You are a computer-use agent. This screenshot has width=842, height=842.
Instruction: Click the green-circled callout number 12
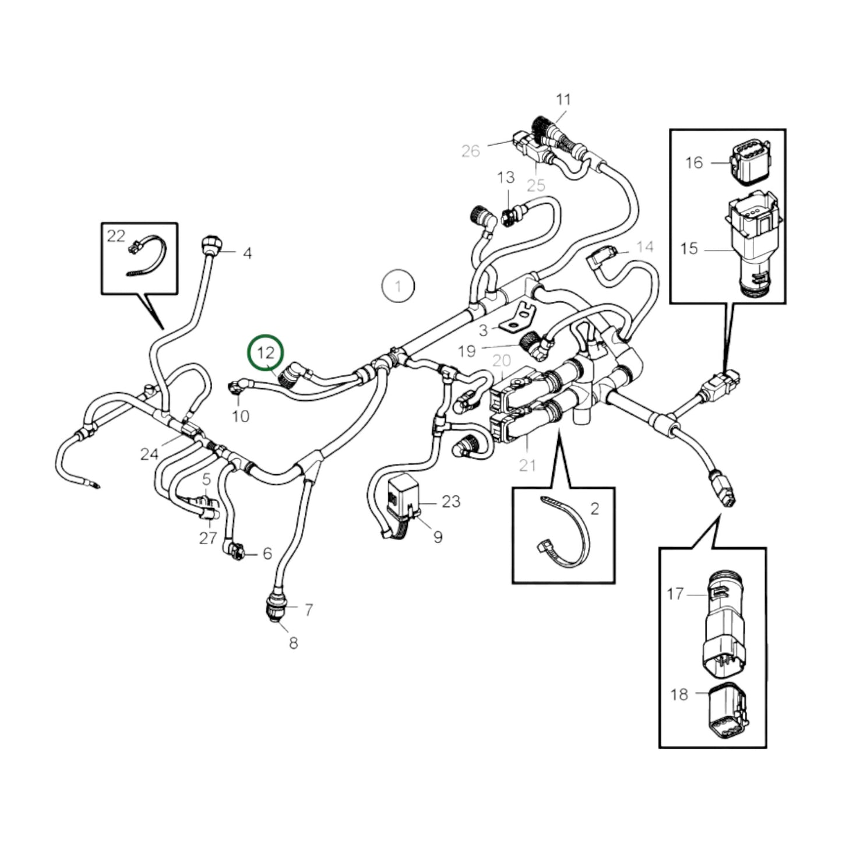pyautogui.click(x=265, y=353)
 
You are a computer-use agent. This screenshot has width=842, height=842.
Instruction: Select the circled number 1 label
pyautogui.click(x=398, y=286)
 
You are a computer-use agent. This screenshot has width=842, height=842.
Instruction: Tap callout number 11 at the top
pyautogui.click(x=563, y=100)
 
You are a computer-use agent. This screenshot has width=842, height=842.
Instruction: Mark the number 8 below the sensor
pyautogui.click(x=293, y=643)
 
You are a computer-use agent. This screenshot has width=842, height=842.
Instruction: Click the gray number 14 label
pyautogui.click(x=644, y=247)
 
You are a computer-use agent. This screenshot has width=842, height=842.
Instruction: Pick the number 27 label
pyautogui.click(x=208, y=538)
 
